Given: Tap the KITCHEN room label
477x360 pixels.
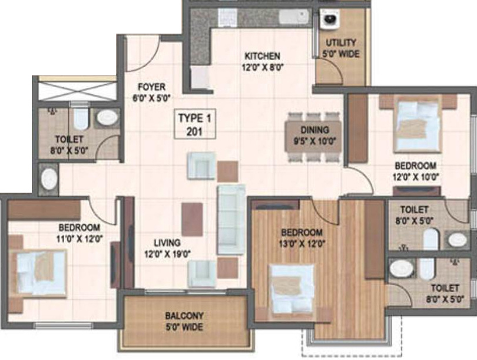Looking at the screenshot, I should click(263, 61).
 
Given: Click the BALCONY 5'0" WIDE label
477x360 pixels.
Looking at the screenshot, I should click(184, 321).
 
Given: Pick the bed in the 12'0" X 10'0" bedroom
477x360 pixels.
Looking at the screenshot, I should click(418, 125).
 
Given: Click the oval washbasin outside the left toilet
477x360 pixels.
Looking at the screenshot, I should click(48, 179).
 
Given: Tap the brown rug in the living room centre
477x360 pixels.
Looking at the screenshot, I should click(192, 219).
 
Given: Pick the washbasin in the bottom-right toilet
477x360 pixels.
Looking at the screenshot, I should click(402, 268).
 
